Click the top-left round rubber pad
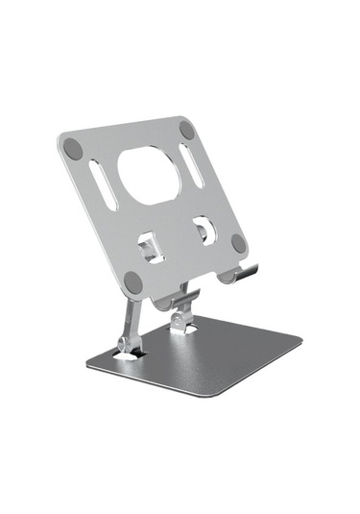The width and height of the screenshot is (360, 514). pos(73,148)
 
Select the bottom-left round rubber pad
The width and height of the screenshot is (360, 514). pos(133,282)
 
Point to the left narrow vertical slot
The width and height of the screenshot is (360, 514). pos(103,185)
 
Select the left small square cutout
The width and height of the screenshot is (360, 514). pos(149,249)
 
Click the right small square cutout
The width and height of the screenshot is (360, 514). pos(203,230)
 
